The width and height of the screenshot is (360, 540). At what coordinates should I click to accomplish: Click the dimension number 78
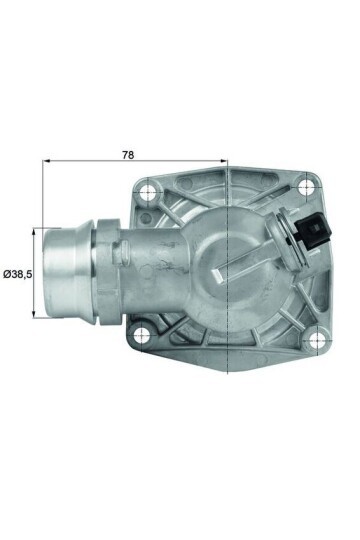click(x=127, y=155)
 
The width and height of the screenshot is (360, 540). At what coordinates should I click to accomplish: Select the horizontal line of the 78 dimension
click(x=135, y=163)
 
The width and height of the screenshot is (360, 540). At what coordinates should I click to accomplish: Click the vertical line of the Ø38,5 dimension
click(x=38, y=272)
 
